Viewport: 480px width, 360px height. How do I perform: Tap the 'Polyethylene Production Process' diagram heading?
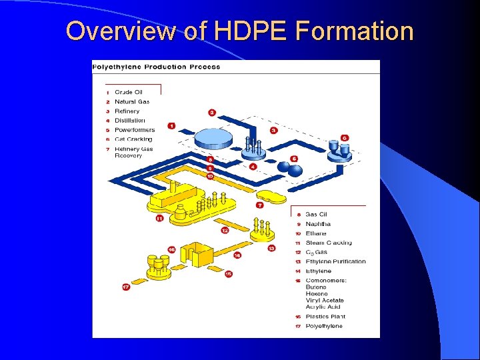(x=156, y=67)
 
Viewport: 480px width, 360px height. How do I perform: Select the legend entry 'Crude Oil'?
(x=128, y=92)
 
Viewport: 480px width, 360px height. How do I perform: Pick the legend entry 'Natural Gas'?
(x=131, y=101)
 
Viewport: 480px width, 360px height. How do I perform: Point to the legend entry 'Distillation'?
(x=129, y=121)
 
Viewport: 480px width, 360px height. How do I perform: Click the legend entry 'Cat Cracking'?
(x=133, y=139)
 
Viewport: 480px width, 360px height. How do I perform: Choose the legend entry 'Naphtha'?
(x=317, y=224)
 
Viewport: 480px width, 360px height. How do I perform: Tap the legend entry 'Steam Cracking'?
(x=328, y=243)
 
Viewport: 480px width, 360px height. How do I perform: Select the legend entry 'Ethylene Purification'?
(x=335, y=261)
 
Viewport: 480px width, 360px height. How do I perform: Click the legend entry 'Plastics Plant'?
(x=325, y=317)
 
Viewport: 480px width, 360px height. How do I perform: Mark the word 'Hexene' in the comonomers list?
(x=317, y=293)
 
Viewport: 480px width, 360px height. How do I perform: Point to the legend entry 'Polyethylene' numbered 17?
(x=324, y=326)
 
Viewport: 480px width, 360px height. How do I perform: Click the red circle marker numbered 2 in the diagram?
(x=212, y=113)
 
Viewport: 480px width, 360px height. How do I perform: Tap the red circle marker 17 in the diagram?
(x=125, y=287)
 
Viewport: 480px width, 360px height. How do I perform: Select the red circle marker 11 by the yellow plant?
(x=159, y=218)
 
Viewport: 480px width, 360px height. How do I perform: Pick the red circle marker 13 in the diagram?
(x=271, y=248)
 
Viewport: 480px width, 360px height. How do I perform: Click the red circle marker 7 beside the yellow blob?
(x=260, y=205)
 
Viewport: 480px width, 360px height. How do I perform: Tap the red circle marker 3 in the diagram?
(x=273, y=131)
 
